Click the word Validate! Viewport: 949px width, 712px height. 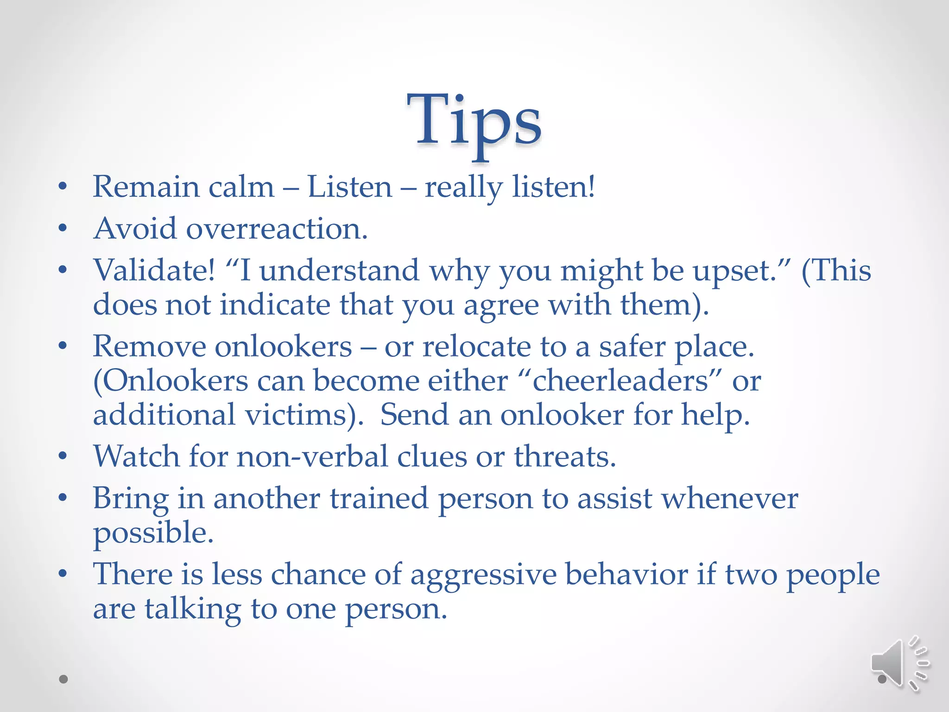click(x=154, y=270)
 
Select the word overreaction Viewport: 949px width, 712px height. click(x=277, y=229)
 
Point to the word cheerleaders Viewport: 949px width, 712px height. click(x=620, y=381)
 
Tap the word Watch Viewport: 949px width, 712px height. click(x=136, y=456)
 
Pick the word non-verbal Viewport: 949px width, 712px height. click(x=312, y=456)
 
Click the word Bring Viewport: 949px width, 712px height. click(x=130, y=499)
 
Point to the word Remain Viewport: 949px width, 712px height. click(x=146, y=187)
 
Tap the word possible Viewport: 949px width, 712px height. click(x=153, y=533)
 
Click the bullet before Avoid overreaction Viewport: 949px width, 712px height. click(x=63, y=228)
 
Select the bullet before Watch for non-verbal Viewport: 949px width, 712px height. click(x=63, y=456)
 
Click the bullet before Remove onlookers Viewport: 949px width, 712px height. click(x=63, y=346)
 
